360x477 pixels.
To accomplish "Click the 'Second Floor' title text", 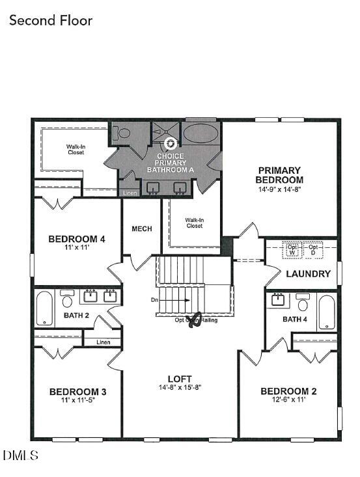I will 51,21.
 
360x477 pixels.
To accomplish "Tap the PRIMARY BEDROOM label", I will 279,175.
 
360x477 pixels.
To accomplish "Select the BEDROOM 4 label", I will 77,239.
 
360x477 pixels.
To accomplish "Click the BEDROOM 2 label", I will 288,391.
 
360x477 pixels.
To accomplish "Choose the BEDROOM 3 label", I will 77,392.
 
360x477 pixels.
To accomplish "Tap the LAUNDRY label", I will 309,274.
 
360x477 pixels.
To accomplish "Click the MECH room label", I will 141,229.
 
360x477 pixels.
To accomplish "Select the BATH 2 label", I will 76,316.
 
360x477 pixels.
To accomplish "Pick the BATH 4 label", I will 295,319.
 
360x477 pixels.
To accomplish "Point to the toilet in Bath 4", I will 302,303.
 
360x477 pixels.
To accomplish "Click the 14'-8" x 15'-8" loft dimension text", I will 180,387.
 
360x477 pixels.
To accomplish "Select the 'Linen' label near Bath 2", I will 102,342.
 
